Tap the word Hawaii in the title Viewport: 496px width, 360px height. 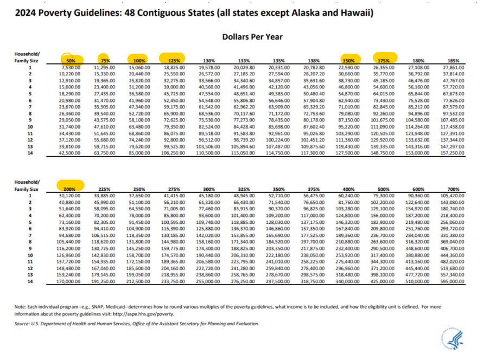tap(354, 12)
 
